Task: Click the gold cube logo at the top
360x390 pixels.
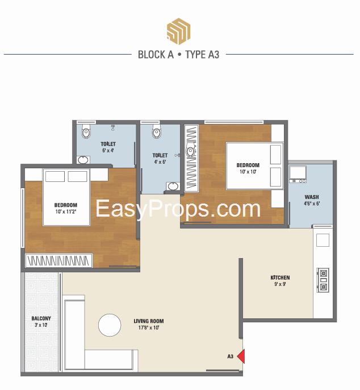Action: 178,31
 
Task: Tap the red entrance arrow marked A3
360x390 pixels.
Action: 241,356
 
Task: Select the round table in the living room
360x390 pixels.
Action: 110,325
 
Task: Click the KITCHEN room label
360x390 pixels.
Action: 280,277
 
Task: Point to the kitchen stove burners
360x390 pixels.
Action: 323,280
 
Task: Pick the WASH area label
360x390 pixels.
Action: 312,197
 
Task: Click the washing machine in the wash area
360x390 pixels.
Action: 298,174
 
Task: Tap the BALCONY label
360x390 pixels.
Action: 41,318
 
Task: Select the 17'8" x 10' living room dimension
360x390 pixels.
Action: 149,327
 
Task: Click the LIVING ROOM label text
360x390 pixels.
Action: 149,321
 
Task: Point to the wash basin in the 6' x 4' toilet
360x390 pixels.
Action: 83,160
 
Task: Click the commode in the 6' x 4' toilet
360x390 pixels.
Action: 86,132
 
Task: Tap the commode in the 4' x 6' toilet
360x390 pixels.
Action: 157,132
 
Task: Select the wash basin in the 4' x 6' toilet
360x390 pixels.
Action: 173,186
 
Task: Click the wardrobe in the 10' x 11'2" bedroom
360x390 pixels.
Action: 59,260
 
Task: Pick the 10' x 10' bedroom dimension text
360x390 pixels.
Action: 248,172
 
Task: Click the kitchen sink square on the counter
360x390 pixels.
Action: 323,240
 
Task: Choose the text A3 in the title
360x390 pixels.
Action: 214,55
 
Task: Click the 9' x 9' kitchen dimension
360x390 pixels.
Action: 280,284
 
